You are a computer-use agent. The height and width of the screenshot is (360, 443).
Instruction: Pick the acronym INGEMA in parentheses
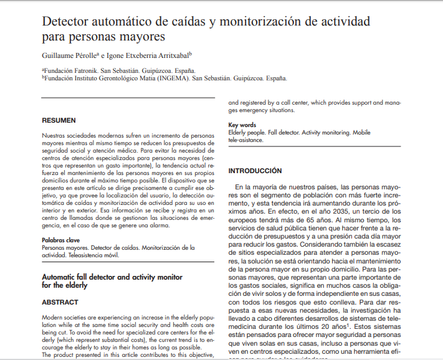tap(174, 79)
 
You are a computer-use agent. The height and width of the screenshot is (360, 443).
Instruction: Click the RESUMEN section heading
tap(59, 120)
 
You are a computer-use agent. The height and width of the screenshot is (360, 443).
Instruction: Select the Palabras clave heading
tap(60, 240)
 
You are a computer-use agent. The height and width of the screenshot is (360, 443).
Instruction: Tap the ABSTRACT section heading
tap(60, 301)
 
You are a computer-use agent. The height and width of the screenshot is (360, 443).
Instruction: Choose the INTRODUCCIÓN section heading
tap(255, 171)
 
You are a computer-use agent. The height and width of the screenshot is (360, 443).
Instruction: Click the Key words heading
tap(242, 125)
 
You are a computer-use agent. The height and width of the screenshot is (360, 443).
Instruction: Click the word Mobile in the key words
tap(361, 133)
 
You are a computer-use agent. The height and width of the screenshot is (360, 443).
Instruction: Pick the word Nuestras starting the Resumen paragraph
tap(54, 135)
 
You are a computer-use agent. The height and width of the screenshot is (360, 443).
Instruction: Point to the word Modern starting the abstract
tap(52, 318)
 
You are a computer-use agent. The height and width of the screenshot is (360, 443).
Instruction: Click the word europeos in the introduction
tap(244, 220)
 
